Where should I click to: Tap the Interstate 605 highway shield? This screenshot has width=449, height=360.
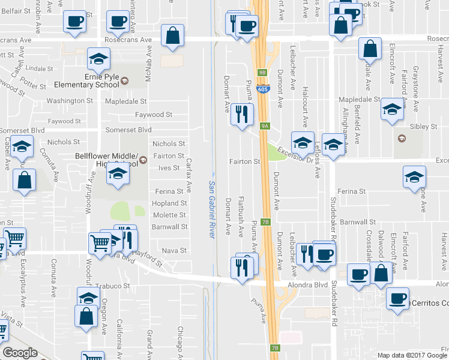264,89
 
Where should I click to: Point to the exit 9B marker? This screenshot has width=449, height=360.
262,72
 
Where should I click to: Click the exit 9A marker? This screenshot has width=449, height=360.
265,126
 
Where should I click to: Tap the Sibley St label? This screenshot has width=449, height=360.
423,127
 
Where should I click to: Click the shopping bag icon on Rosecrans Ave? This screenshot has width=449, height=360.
173,35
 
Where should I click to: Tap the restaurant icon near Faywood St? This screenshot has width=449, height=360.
242,114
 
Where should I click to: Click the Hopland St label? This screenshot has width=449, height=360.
170,203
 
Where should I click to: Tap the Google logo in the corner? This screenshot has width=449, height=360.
20,352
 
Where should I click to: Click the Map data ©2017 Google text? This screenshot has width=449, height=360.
412,355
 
